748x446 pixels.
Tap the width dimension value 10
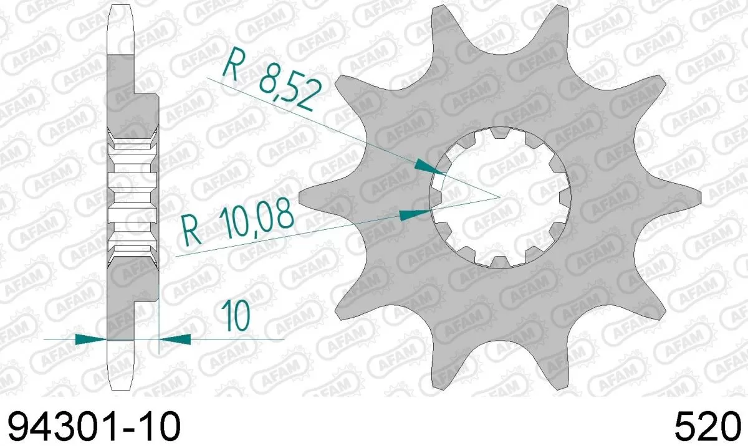tap(234, 315)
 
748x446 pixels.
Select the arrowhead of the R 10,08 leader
tap(412, 214)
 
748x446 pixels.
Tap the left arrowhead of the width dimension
tap(91, 339)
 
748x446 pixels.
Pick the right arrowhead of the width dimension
tap(175, 339)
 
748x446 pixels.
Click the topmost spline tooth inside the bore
tap(498, 132)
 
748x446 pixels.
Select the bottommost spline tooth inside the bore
tap(499, 262)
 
